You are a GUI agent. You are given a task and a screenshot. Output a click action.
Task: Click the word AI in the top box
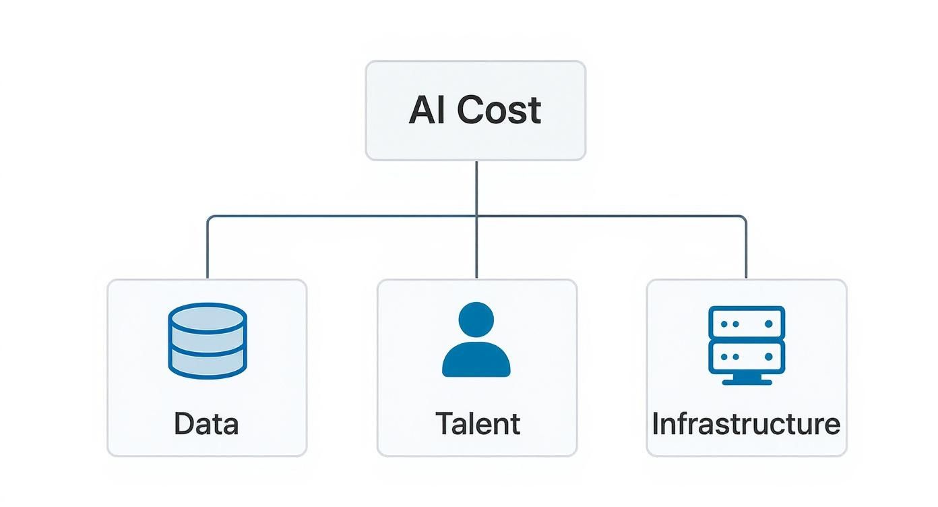(x=428, y=111)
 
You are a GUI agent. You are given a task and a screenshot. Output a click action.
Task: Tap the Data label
(x=206, y=424)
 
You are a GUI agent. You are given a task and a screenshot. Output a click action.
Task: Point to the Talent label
(x=477, y=424)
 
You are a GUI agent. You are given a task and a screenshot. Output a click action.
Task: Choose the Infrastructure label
(x=746, y=424)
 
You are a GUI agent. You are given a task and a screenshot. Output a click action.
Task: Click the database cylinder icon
(x=207, y=340)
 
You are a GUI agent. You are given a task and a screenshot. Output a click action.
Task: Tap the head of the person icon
(x=476, y=320)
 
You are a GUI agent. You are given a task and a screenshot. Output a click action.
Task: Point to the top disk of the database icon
(x=207, y=318)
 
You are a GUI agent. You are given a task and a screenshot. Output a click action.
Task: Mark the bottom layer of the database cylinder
(x=207, y=364)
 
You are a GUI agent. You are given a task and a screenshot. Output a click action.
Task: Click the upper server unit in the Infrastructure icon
(x=746, y=324)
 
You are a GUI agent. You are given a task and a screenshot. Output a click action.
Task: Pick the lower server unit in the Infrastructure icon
(x=746, y=357)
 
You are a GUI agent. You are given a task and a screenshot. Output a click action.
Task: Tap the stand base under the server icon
(x=746, y=381)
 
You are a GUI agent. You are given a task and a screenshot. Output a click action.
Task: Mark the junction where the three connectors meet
(x=476, y=216)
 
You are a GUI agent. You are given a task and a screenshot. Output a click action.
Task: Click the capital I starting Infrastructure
(x=656, y=424)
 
